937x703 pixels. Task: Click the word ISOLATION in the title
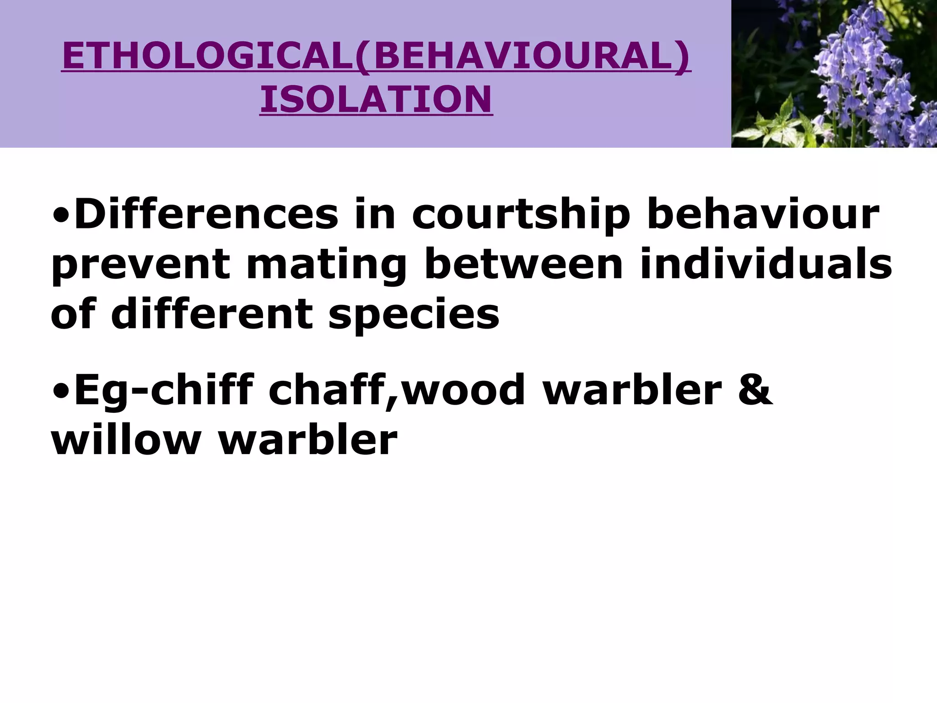tap(376, 99)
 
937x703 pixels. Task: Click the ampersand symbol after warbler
tap(755, 390)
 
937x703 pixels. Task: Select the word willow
tap(126, 440)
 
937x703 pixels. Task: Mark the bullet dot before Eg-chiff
tap(60, 390)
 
